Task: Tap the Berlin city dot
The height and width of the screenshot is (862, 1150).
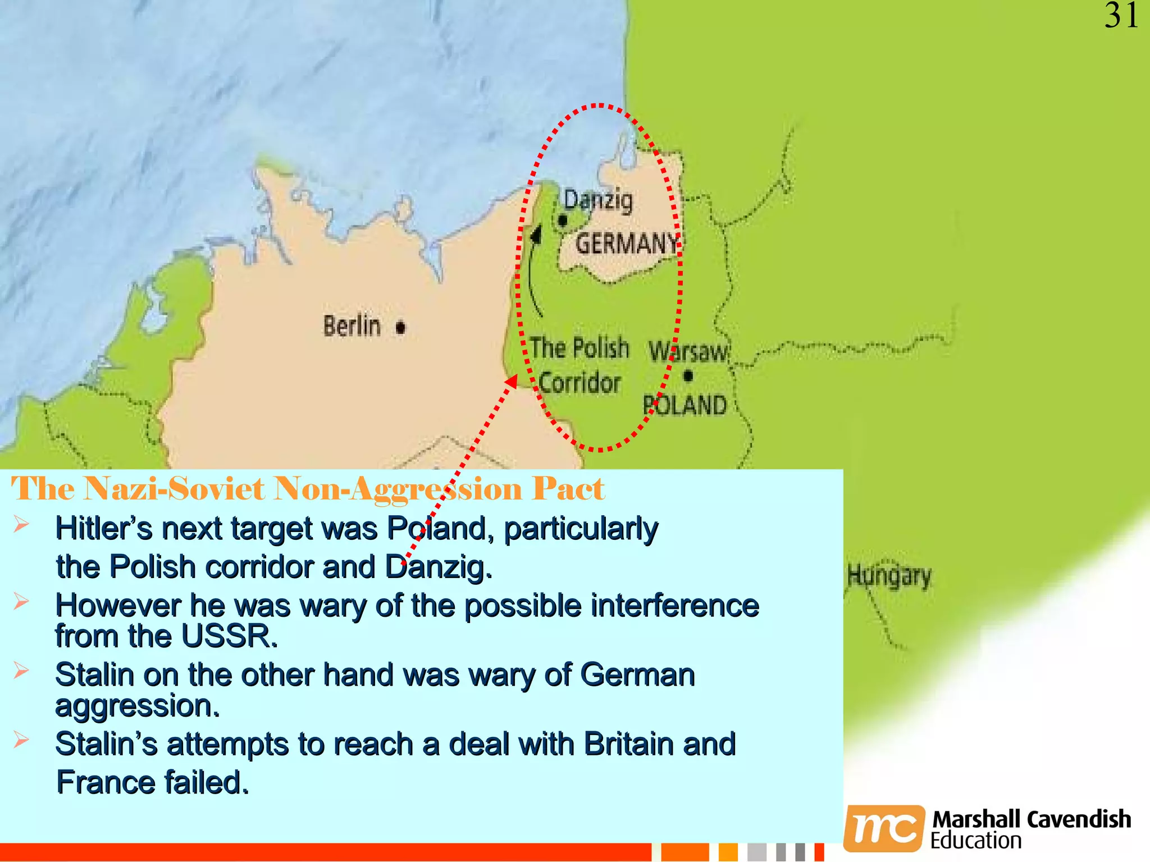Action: pos(400,327)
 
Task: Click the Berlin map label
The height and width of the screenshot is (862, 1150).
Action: pos(352,326)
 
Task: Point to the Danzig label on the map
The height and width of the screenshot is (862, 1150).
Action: pos(598,201)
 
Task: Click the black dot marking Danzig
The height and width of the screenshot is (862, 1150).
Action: pos(563,221)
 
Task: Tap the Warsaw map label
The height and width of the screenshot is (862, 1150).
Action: pos(688,352)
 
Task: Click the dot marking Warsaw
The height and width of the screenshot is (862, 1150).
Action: pos(688,375)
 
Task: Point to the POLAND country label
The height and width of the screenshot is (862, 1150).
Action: pos(685,405)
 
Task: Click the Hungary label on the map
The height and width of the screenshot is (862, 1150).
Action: pos(889,576)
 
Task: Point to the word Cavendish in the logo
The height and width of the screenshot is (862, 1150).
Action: pos(1079,819)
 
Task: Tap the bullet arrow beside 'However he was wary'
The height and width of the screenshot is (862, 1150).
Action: pos(21,602)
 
